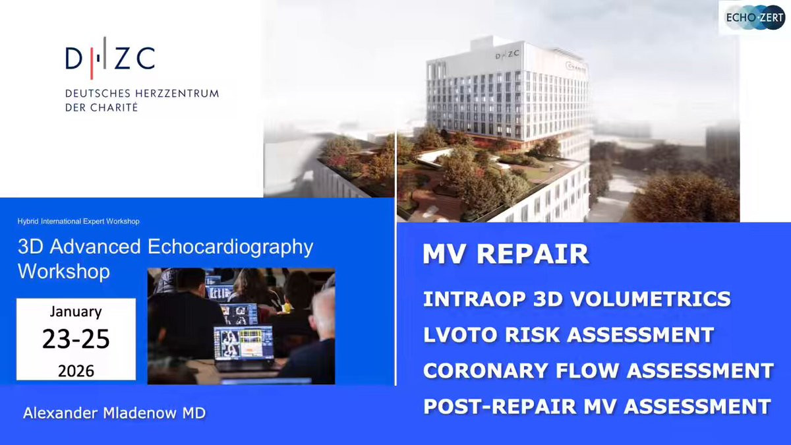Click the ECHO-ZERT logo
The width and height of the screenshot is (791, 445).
click(754, 17)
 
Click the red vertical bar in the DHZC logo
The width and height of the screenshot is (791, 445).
click(92, 58)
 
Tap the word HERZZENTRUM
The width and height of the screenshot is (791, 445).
click(177, 94)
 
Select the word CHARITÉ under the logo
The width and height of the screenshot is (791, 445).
click(114, 107)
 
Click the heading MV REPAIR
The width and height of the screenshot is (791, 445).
click(506, 254)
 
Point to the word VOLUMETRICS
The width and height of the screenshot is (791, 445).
click(651, 299)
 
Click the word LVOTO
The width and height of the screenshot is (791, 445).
click(461, 334)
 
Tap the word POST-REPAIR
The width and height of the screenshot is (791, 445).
click(500, 407)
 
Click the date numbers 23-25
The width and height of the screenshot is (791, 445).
click(76, 339)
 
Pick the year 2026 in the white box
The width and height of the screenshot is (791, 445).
click(76, 371)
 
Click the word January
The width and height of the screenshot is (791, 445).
click(76, 312)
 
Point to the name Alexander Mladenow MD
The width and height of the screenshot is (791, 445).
click(115, 413)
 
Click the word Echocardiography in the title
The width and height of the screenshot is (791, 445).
click(230, 247)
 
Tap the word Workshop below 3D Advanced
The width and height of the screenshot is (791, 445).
click(64, 271)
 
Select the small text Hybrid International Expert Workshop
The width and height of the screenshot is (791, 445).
click(78, 222)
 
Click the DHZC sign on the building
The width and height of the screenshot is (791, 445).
click(507, 55)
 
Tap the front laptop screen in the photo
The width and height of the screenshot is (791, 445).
click(244, 343)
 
